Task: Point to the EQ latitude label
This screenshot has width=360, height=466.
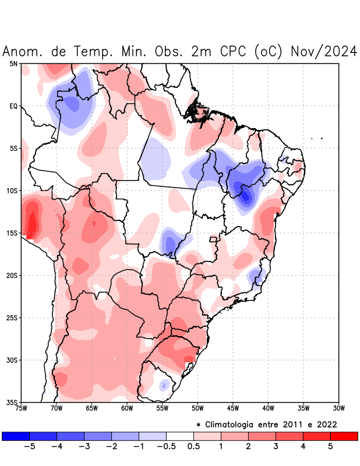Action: [13, 106]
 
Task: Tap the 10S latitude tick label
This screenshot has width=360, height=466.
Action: [12, 190]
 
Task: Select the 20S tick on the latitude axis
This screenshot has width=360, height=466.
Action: [12, 275]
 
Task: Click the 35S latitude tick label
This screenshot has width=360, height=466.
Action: [12, 402]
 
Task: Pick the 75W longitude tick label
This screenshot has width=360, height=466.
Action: [22, 408]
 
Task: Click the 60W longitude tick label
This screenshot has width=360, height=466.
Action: [127, 408]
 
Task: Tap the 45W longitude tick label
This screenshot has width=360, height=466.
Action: [232, 408]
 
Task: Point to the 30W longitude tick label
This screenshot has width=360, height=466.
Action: [338, 408]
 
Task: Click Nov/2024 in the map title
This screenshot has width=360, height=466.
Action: [323, 52]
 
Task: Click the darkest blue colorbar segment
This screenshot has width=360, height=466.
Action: [16, 436]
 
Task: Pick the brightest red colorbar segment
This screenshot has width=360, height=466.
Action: [344, 436]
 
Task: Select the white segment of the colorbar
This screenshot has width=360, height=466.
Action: [180, 436]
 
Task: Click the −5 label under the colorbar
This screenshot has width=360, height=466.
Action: [27, 446]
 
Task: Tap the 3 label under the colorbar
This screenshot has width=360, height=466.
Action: [276, 446]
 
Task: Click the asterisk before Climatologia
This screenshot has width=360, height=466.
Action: [199, 425]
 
